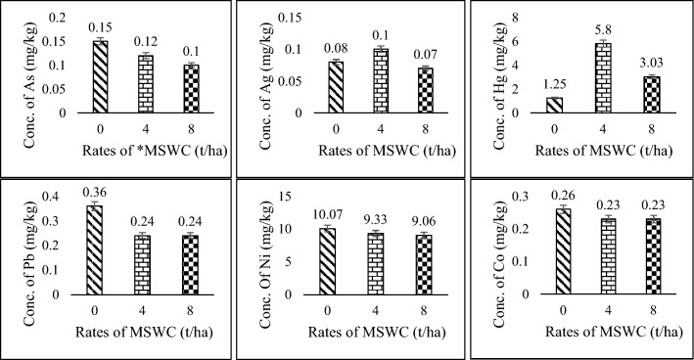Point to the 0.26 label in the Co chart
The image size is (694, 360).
click(x=555, y=198)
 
